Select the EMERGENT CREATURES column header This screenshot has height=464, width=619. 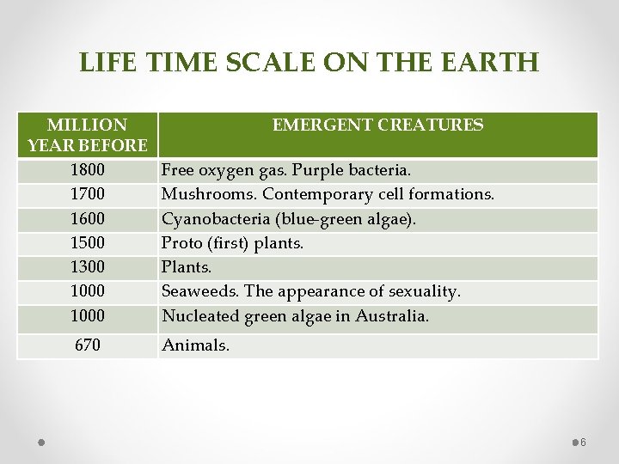(377, 125)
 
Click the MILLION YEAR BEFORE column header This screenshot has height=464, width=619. (87, 135)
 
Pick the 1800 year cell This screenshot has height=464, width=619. (87, 170)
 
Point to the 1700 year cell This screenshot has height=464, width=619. (87, 194)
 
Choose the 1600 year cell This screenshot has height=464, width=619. (87, 219)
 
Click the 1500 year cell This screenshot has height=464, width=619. (87, 243)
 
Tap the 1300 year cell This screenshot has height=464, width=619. (87, 267)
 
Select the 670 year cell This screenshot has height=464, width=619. (87, 345)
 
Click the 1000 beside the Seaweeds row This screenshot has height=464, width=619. (87, 291)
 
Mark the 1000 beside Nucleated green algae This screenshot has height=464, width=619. (87, 316)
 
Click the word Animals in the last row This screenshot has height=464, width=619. (195, 346)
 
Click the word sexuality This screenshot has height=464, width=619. (422, 291)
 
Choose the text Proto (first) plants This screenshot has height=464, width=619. (232, 243)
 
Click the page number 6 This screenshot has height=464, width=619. (583, 443)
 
